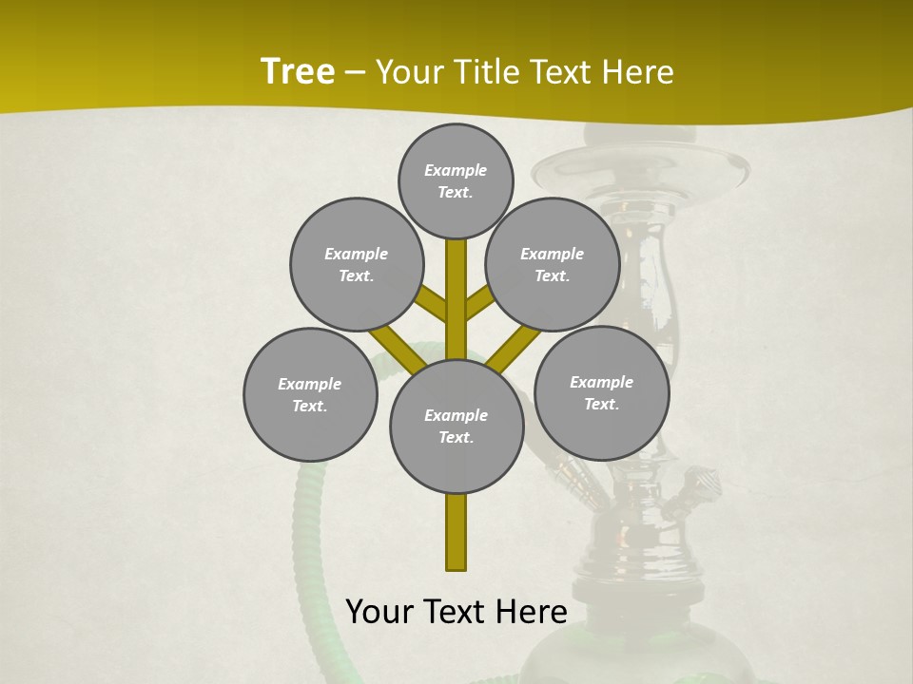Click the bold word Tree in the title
coord(298,72)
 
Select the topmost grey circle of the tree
coord(456,180)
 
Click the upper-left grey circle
coord(356,264)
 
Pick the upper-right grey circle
coord(553,264)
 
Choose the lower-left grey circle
coord(310,394)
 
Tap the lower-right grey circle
coord(601,392)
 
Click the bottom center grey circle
coord(456,427)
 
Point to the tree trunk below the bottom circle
coord(456,532)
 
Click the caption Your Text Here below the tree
coord(456,612)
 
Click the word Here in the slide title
coord(636,72)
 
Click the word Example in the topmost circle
coord(456,170)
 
